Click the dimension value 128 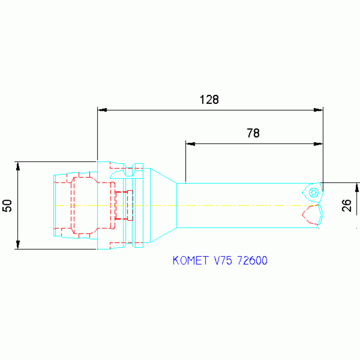[209, 100]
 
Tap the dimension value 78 [253, 133]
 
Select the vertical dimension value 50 [8, 205]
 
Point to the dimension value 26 [347, 205]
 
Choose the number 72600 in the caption [253, 260]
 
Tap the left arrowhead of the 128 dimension [101, 110]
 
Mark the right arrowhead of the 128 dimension [319, 110]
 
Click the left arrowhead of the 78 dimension [190, 144]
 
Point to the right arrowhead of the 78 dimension [319, 144]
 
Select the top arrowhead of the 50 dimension [18, 166]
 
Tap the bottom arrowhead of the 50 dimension [18, 245]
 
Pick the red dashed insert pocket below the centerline [310, 214]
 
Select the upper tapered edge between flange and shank [163, 175]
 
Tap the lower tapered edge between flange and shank [163, 235]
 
